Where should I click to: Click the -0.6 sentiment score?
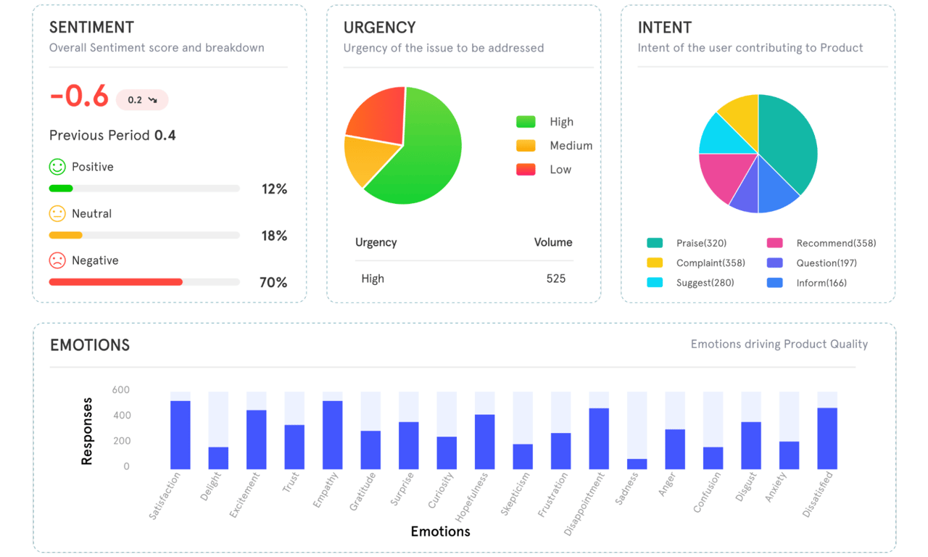coord(78,97)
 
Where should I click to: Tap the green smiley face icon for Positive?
coord(57,167)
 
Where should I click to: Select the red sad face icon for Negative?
coord(57,260)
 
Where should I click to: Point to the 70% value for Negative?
coord(273,282)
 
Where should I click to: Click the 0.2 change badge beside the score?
coord(142,100)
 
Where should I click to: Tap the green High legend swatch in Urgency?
coord(526,122)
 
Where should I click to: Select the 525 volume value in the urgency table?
coord(556,278)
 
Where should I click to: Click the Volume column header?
coord(553,242)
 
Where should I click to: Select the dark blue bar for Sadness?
coord(637,464)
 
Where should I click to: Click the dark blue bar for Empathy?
coord(333,435)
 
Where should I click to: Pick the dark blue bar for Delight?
coord(218,458)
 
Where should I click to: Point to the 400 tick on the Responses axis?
coord(120,416)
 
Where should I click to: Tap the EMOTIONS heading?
coord(90,345)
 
